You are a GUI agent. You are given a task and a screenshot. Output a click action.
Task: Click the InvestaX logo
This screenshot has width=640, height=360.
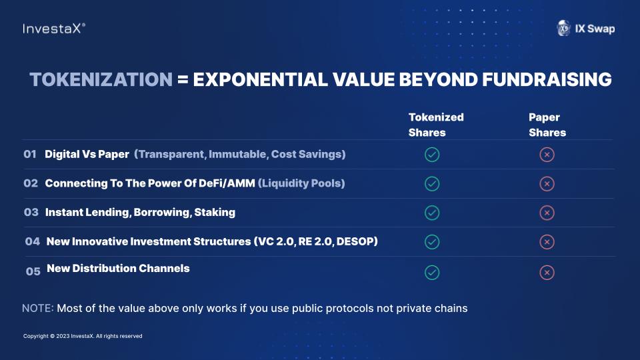pyautogui.click(x=54, y=29)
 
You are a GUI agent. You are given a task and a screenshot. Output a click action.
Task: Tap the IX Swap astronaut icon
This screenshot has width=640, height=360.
pyautogui.click(x=564, y=28)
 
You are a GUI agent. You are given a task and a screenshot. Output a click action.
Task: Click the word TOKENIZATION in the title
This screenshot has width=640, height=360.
pyautogui.click(x=101, y=79)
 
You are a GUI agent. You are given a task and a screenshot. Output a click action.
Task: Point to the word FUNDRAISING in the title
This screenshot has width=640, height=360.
pyautogui.click(x=547, y=79)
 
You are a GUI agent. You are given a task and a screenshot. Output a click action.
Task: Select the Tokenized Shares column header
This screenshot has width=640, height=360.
pyautogui.click(x=436, y=125)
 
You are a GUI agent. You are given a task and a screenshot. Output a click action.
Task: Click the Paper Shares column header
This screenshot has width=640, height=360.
pyautogui.click(x=547, y=125)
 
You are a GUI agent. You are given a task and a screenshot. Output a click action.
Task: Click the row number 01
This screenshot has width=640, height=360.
pyautogui.click(x=30, y=154)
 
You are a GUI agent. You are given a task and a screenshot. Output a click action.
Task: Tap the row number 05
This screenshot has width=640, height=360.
pyautogui.click(x=33, y=271)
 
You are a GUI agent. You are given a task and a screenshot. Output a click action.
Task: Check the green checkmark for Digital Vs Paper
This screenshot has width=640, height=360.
pyautogui.click(x=432, y=155)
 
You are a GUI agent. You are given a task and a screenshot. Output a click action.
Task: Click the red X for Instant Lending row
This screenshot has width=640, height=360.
pyautogui.click(x=547, y=213)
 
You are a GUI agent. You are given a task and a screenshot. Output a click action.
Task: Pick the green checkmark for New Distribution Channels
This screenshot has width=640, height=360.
pyautogui.click(x=432, y=272)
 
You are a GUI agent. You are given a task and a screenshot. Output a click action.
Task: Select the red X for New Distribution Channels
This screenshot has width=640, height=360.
pyautogui.click(x=547, y=272)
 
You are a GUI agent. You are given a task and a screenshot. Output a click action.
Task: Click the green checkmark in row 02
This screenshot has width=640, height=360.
pyautogui.click(x=432, y=184)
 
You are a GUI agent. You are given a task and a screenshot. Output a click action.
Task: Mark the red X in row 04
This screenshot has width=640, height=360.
pyautogui.click(x=547, y=242)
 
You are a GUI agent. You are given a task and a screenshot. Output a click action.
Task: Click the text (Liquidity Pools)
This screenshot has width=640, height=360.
pyautogui.click(x=301, y=183)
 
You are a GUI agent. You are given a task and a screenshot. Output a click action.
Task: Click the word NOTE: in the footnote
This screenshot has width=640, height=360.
pyautogui.click(x=37, y=308)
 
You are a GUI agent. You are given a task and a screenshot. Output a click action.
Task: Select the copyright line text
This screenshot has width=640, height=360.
pyautogui.click(x=83, y=336)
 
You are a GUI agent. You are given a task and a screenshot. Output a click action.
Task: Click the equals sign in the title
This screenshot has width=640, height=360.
pyautogui.click(x=183, y=79)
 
